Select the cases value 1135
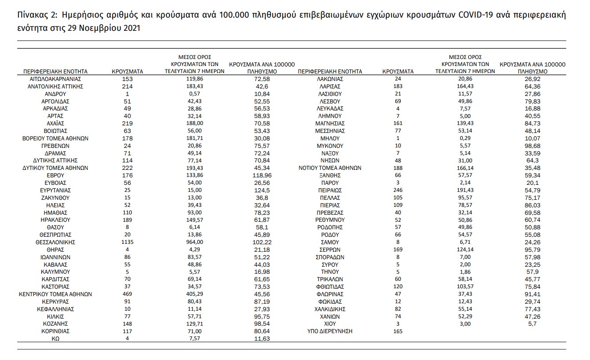[127, 242]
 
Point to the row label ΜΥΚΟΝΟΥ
[330, 146]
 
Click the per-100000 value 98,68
[532, 146]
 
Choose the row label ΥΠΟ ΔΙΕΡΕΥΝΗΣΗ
[330, 331]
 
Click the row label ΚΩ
[55, 338]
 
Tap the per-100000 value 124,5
[262, 190]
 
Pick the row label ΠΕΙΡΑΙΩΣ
[330, 190]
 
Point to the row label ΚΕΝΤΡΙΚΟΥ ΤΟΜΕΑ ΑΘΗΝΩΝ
[55, 294]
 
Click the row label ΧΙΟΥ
[330, 323]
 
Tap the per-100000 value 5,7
[532, 323]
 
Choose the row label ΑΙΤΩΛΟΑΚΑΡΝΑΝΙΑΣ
[55, 79]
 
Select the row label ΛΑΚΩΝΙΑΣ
[330, 79]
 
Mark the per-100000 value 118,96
[262, 175]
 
